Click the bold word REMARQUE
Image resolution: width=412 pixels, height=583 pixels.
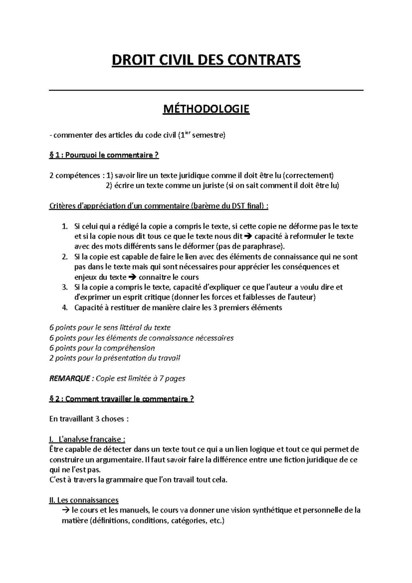[70, 378]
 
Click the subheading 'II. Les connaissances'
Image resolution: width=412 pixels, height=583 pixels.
[84, 500]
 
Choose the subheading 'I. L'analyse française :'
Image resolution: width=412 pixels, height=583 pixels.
[88, 439]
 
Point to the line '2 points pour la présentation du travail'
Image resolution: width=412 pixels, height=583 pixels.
[115, 358]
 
